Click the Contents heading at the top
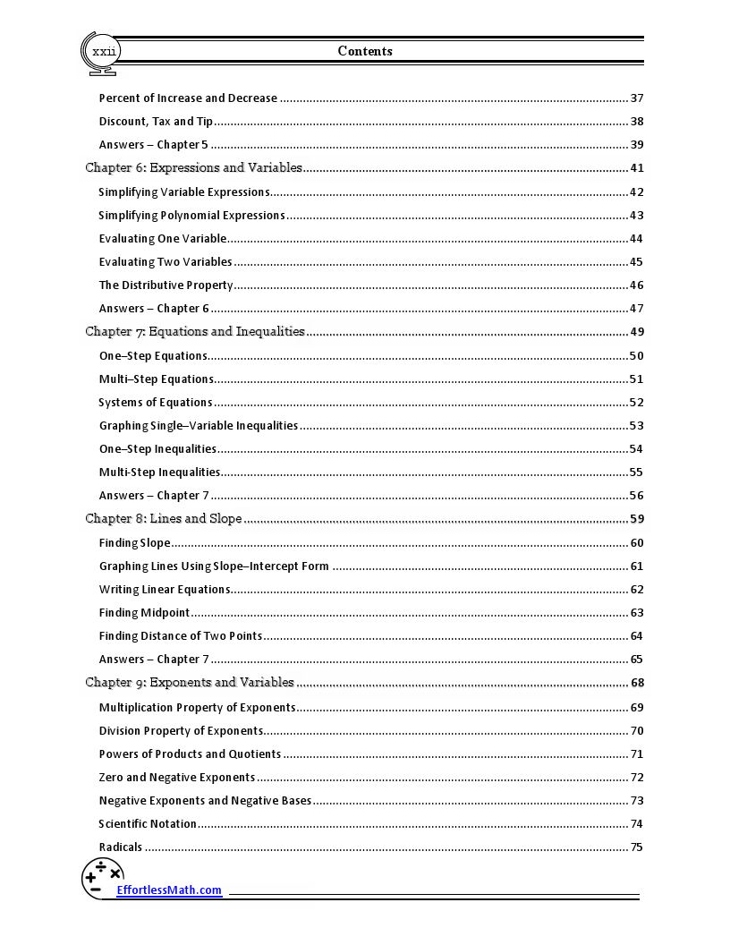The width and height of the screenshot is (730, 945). tap(365, 51)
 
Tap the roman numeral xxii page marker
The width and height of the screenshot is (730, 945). tap(104, 52)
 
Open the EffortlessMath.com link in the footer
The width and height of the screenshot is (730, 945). tap(169, 890)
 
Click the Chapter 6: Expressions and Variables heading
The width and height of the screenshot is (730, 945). tap(193, 167)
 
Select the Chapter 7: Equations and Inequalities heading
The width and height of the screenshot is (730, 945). tap(195, 331)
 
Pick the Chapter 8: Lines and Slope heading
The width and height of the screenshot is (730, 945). tap(164, 518)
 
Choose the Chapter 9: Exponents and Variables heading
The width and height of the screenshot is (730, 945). tap(190, 682)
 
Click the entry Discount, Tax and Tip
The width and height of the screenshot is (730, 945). tap(156, 122)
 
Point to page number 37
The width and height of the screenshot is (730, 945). tap(637, 98)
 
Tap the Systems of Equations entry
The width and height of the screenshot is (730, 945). tap(156, 403)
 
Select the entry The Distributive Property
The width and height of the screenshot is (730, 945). tap(166, 285)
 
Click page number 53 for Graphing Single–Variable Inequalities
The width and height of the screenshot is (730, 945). tap(637, 426)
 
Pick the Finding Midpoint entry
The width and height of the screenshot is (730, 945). tap(144, 613)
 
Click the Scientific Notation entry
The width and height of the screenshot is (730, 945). tap(148, 823)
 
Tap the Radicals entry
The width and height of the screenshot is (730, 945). tap(121, 847)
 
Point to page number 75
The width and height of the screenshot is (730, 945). tap(637, 847)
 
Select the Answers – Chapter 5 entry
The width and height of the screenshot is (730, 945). tap(154, 145)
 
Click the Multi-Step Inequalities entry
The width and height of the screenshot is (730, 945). tap(159, 472)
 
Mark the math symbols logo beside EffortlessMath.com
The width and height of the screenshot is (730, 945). tap(102, 878)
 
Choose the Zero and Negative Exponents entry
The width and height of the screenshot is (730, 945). tap(177, 778)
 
